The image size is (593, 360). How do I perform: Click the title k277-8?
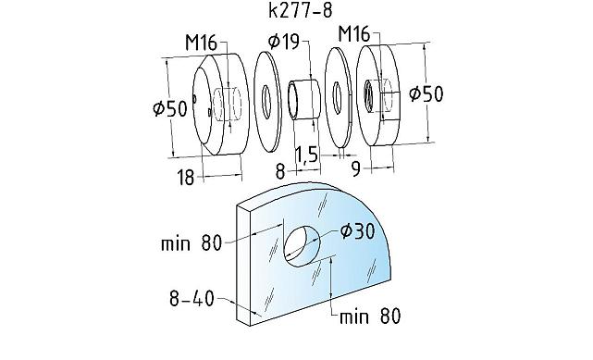pyautogui.click(x=301, y=10)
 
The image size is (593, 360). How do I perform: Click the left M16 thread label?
pyautogui.click(x=201, y=43)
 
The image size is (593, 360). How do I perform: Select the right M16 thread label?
pyautogui.click(x=354, y=34)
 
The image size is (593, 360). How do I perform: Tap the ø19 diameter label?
pyautogui.click(x=284, y=42)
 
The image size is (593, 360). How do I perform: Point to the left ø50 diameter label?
pyautogui.click(x=170, y=108)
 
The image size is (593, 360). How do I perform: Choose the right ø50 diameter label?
pyautogui.click(x=426, y=93)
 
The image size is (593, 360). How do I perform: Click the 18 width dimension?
pyautogui.click(x=185, y=178)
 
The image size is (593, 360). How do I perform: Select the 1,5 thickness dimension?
pyautogui.click(x=306, y=155)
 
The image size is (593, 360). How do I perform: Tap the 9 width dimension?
pyautogui.click(x=356, y=169)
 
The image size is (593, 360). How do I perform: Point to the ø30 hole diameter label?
pyautogui.click(x=357, y=231)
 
